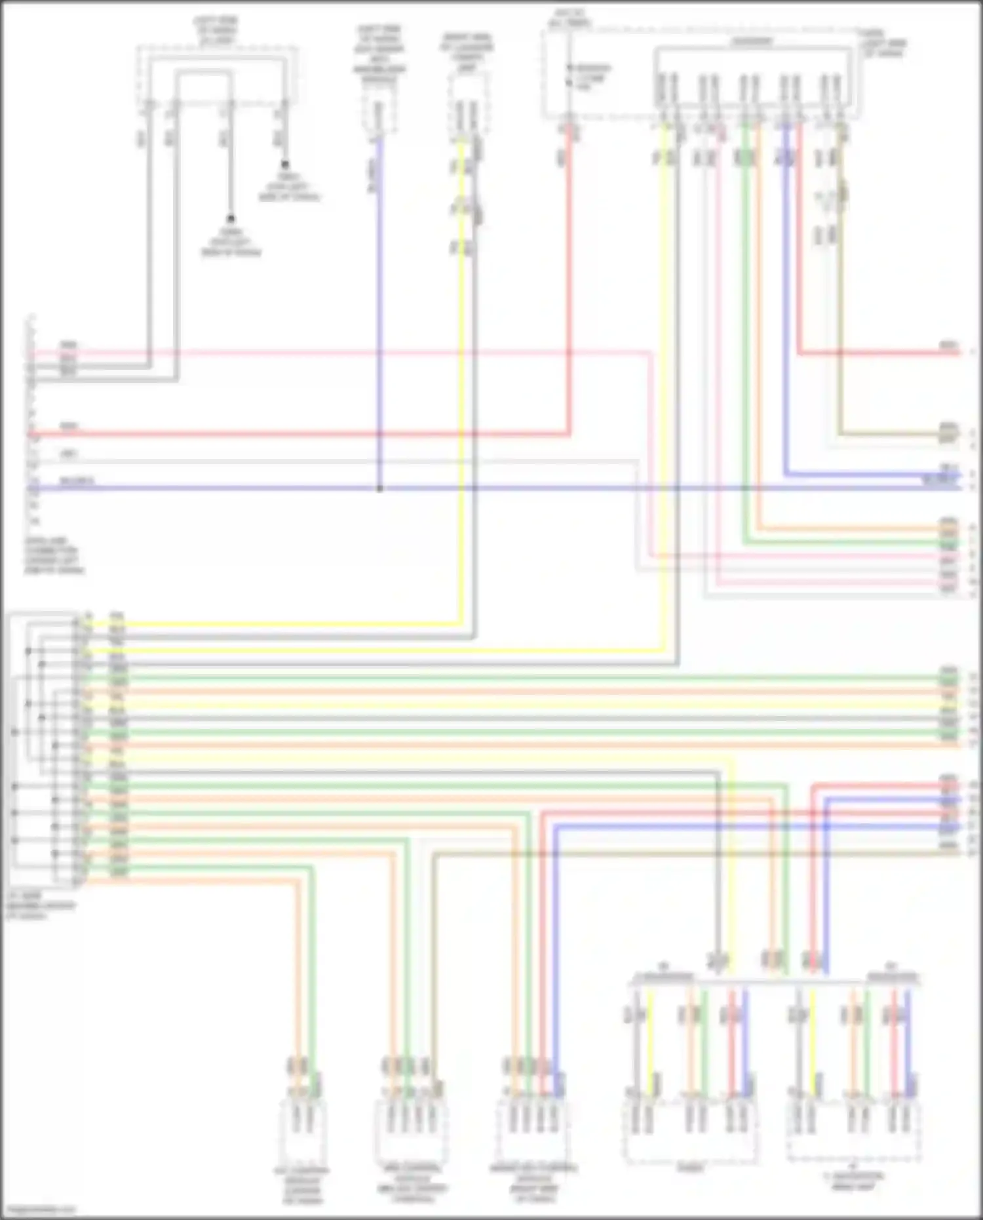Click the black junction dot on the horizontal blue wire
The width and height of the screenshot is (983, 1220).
pos(379,488)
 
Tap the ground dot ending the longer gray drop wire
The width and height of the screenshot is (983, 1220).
pos(231,218)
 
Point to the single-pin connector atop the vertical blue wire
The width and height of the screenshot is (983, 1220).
pos(379,118)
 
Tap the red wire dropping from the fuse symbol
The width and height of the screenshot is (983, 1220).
pos(569,262)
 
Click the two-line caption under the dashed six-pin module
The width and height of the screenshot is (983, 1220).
pos(854,1181)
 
